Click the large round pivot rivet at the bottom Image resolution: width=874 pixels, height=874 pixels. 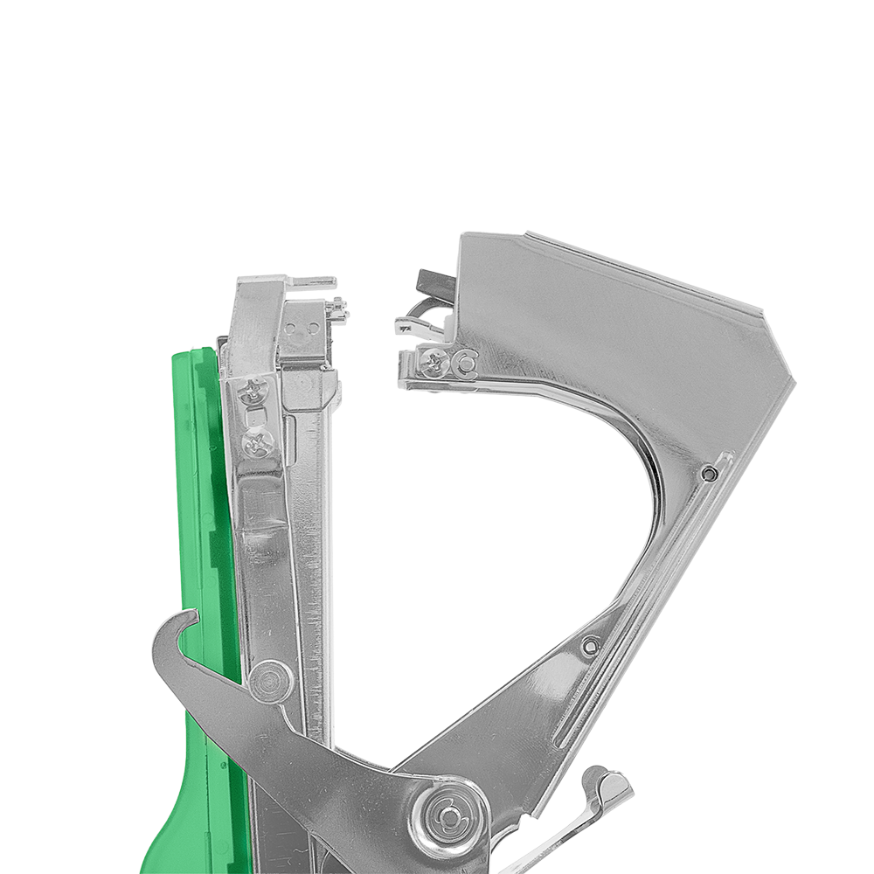447,815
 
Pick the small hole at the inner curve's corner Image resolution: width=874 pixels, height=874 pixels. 710,473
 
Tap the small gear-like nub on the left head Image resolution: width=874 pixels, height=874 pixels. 339,307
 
